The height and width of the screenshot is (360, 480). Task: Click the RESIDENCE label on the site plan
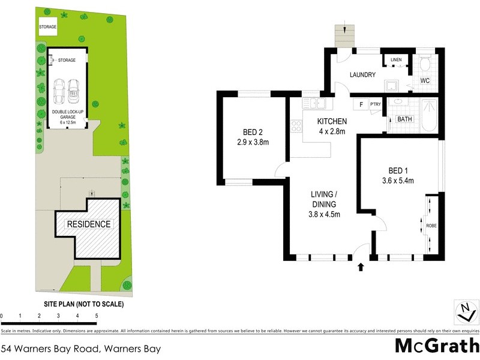[x=89, y=224]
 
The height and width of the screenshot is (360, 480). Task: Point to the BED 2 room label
[x=251, y=137]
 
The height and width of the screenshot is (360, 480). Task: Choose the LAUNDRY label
[x=362, y=75]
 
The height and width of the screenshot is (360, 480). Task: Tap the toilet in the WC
[x=425, y=64]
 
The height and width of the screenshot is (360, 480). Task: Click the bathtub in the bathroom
[x=429, y=115]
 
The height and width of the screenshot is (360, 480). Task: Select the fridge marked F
[x=361, y=104]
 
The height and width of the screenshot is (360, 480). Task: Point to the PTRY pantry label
[x=376, y=104]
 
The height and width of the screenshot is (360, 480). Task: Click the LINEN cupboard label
[x=395, y=60]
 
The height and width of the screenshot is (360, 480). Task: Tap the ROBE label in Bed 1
[x=431, y=226]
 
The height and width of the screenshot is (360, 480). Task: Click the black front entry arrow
[x=361, y=267]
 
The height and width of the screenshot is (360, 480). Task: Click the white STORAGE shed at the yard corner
[x=47, y=27]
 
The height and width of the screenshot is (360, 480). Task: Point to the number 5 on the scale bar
[x=96, y=316]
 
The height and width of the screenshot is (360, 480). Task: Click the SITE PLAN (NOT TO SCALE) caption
[x=84, y=304]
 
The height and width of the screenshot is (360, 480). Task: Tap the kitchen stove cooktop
[x=295, y=126]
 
